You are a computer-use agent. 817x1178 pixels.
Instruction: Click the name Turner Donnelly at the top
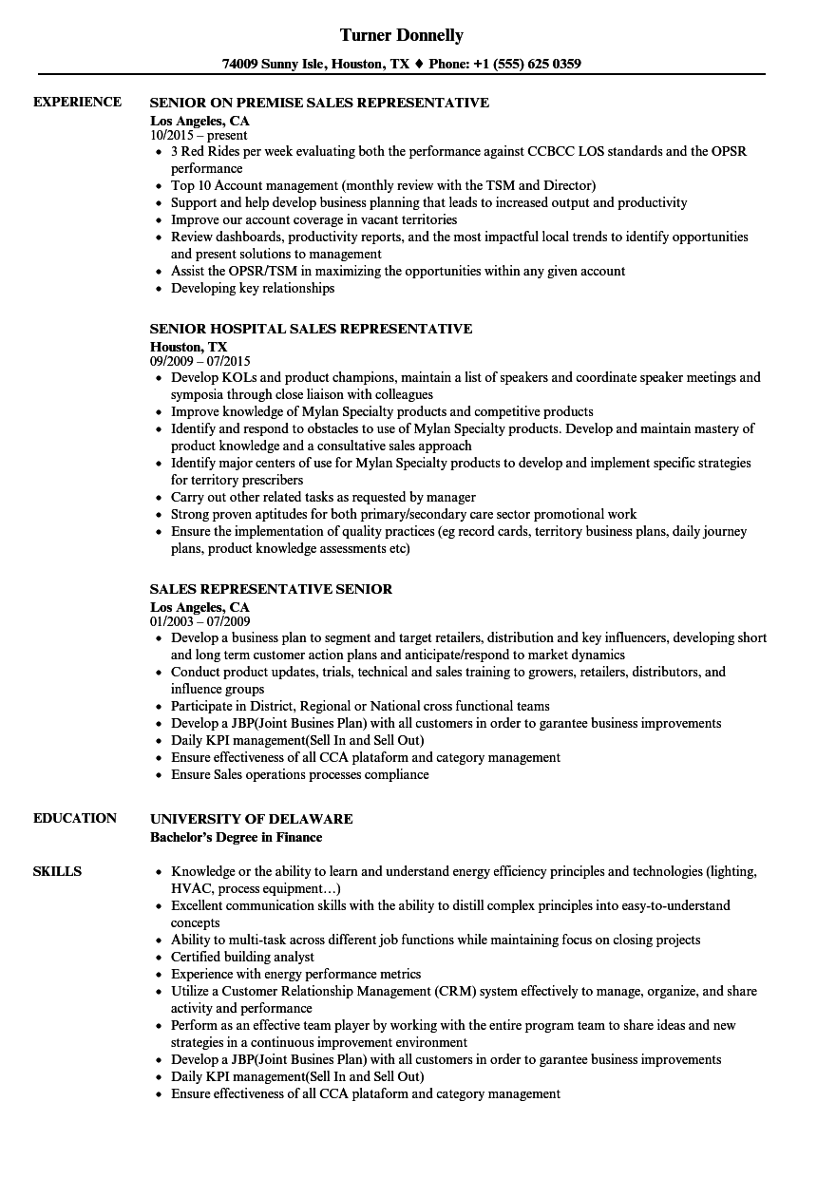pyautogui.click(x=402, y=35)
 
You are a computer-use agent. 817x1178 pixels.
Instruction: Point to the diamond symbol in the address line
pyautogui.click(x=419, y=65)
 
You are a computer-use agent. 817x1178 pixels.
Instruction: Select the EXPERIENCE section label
pyautogui.click(x=77, y=102)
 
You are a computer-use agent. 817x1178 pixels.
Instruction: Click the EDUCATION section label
pyautogui.click(x=75, y=818)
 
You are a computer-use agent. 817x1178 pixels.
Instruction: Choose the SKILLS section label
pyautogui.click(x=57, y=871)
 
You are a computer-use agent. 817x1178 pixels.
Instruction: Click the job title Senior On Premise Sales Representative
pyautogui.click(x=319, y=103)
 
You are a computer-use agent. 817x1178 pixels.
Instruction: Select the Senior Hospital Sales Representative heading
pyautogui.click(x=311, y=329)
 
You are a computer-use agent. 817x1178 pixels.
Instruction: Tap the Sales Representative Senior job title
pyautogui.click(x=271, y=589)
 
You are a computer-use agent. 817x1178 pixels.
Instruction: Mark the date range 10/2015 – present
pyautogui.click(x=199, y=135)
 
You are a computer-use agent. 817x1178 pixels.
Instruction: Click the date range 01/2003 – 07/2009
pyautogui.click(x=199, y=621)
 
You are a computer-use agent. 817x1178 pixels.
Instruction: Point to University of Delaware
pyautogui.click(x=251, y=819)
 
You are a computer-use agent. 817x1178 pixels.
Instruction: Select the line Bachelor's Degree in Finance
pyautogui.click(x=236, y=837)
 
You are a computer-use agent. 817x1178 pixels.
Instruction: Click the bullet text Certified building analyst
pyautogui.click(x=242, y=957)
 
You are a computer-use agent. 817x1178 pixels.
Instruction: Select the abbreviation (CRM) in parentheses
pyautogui.click(x=459, y=991)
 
